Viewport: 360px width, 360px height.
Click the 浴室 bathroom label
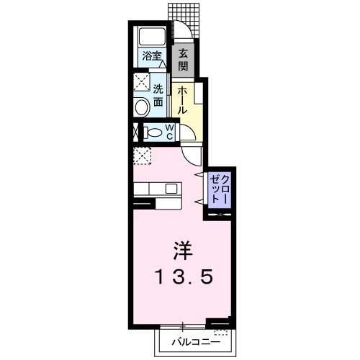pos(151,55)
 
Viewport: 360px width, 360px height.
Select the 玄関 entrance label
pos(184,59)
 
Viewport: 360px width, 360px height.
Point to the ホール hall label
pos(182,99)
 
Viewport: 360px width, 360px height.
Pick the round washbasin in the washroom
pos(142,108)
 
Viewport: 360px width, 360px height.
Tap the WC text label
pos(169,132)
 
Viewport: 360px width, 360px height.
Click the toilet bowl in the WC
pos(152,132)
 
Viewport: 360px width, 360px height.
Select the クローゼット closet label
pos(218,189)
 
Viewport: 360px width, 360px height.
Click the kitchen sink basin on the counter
pos(171,189)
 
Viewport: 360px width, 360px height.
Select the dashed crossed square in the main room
pos(142,156)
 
